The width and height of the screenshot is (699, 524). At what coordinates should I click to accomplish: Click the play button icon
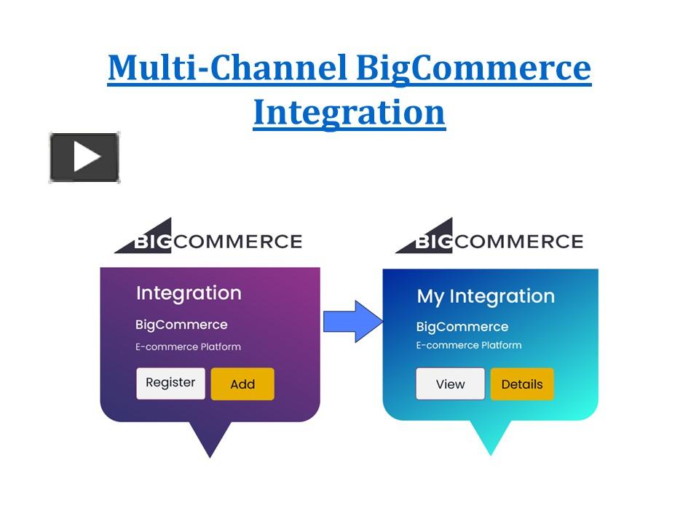pos(84,157)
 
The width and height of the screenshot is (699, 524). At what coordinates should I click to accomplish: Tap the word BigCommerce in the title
pos(473,68)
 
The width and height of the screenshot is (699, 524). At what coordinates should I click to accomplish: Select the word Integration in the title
pos(349,113)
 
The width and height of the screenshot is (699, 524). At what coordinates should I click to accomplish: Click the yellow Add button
pos(242,384)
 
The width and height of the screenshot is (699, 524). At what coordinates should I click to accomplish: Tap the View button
pos(450,384)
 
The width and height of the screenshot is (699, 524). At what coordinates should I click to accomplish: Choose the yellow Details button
pos(521,384)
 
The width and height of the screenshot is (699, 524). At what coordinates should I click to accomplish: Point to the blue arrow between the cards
pos(352,320)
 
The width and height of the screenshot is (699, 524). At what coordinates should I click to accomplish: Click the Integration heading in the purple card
pos(189,293)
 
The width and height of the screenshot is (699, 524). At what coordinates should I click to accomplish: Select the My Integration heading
pos(485,296)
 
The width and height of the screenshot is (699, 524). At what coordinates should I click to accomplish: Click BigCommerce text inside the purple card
pos(181,325)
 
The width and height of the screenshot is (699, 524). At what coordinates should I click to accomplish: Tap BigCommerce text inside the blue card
pos(462,327)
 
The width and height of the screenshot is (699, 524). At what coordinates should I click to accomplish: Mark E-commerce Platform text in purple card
pos(188,347)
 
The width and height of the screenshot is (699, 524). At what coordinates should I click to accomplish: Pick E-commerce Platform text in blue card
pos(469,345)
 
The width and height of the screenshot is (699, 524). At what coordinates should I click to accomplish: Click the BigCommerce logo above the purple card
pos(208,239)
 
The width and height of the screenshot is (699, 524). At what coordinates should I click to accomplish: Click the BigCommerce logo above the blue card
pos(489,239)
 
